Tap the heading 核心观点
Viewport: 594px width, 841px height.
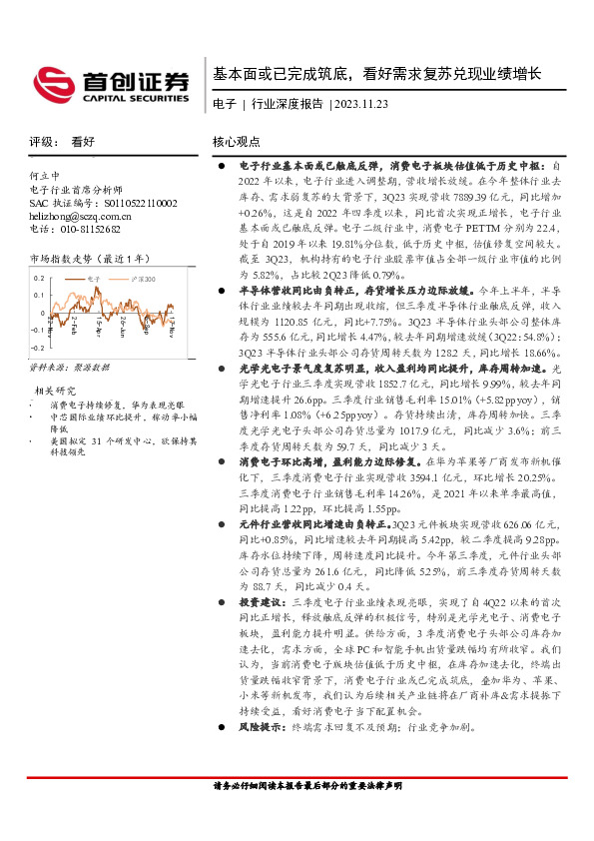(x=237, y=143)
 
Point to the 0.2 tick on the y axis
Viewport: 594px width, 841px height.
(x=39, y=278)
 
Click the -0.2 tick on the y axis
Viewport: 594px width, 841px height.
(x=37, y=348)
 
